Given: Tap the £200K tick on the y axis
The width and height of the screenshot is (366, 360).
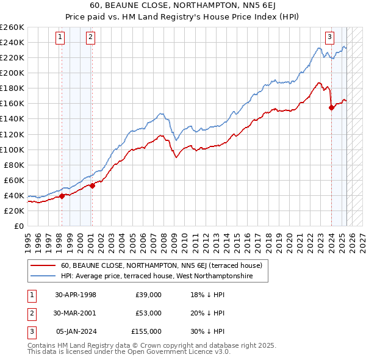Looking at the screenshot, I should point(12,73).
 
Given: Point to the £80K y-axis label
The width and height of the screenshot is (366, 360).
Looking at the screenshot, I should point(14,165).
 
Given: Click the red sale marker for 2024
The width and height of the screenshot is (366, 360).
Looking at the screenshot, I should point(331,107).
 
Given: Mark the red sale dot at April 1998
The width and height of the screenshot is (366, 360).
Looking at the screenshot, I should point(62,196).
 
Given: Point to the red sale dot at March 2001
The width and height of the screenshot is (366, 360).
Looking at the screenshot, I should point(92,185).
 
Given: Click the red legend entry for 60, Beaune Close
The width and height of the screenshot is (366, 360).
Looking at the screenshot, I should point(162,265).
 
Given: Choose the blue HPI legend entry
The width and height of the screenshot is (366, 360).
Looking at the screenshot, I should point(164,276).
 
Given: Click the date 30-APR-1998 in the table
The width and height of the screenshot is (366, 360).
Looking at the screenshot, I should point(76,295).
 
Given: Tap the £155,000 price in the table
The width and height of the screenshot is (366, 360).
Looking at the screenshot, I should point(146,331).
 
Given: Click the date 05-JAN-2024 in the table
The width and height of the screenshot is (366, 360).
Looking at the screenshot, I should point(76,331).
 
